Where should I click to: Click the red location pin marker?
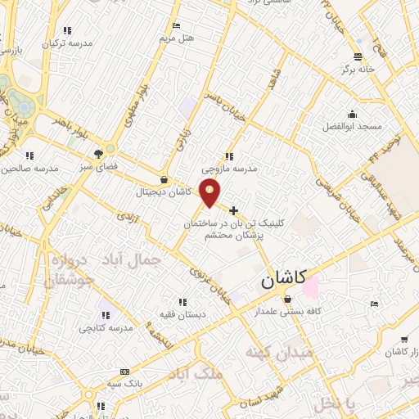point(210,192)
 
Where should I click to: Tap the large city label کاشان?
point(283,280)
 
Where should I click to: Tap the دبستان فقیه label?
point(182,314)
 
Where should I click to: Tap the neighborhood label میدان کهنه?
point(275,353)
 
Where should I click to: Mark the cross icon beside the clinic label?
point(234,210)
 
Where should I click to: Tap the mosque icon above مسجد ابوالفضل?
point(352,115)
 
